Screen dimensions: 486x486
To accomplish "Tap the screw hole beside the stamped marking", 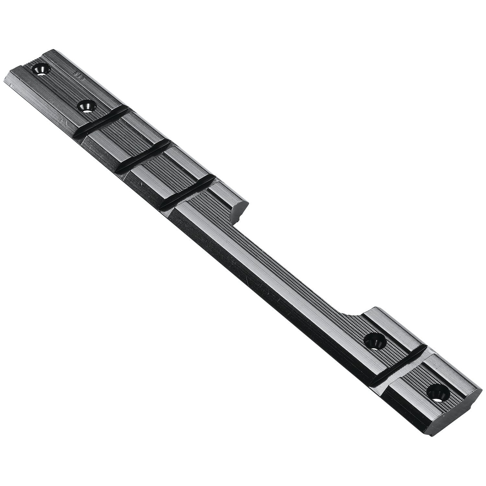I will point(40,69).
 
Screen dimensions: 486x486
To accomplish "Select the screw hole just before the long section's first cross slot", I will point(86,106).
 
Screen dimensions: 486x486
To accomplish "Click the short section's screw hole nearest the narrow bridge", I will point(374,341).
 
